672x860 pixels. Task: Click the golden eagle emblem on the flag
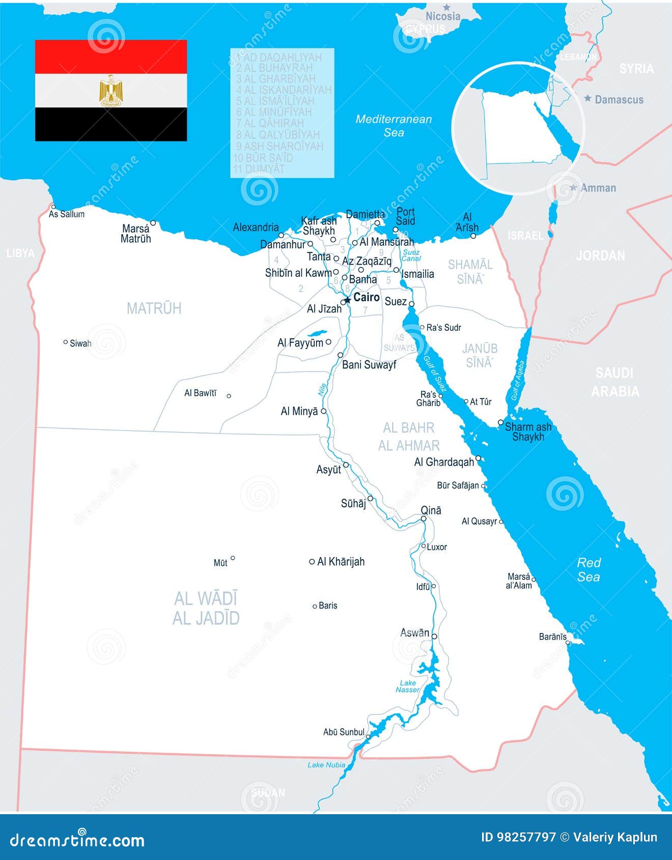[110, 91]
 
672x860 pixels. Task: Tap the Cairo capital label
[367, 297]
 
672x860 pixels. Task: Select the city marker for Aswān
[434, 636]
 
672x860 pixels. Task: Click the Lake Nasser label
[408, 686]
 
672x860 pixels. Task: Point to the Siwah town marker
[65, 342]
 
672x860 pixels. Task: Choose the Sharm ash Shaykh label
[528, 432]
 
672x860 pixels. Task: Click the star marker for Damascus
[588, 98]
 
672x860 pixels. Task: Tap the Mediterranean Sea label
[394, 126]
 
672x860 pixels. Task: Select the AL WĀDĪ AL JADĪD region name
[206, 608]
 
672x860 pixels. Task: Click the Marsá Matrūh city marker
[153, 223]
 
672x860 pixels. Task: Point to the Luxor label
[437, 547]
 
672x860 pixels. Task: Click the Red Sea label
[589, 569]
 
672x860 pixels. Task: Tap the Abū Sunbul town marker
[368, 736]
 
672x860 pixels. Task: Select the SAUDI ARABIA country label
[614, 382]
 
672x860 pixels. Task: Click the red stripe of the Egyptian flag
[111, 56]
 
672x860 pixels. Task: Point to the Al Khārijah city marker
[312, 562]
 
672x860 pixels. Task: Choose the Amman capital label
[598, 188]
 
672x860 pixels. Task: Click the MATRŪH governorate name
[154, 308]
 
